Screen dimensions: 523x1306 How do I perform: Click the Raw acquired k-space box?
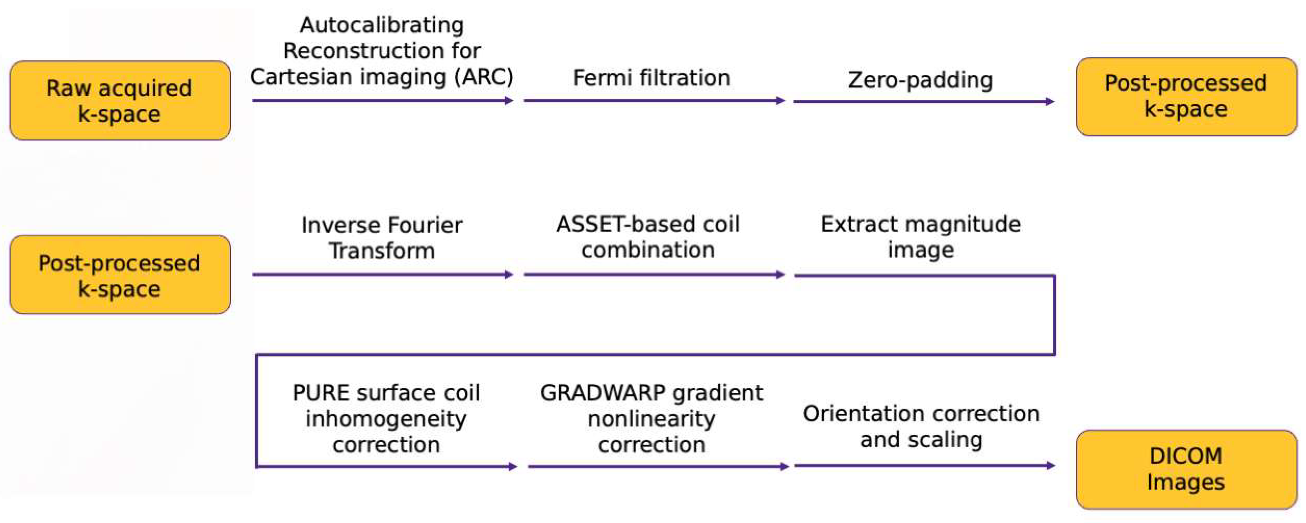(120, 101)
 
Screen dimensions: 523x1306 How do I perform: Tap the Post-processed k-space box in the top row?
(1186, 96)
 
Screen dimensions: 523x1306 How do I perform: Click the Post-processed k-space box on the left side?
(120, 275)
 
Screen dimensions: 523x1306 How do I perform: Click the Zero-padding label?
(920, 80)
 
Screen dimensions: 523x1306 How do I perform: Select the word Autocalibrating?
(382, 25)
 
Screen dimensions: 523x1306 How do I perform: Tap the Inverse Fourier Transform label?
(382, 238)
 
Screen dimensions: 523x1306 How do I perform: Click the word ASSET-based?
(600, 224)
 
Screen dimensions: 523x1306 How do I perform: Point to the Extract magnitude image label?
(920, 237)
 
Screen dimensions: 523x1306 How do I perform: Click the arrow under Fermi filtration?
(654, 100)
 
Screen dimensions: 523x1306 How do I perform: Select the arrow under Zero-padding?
(923, 102)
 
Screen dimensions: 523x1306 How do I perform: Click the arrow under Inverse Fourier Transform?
(383, 275)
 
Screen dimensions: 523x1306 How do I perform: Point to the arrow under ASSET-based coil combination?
(654, 275)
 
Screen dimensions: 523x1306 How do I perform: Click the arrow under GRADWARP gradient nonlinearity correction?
(658, 466)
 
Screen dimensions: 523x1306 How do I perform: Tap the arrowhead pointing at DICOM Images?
(1051, 465)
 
